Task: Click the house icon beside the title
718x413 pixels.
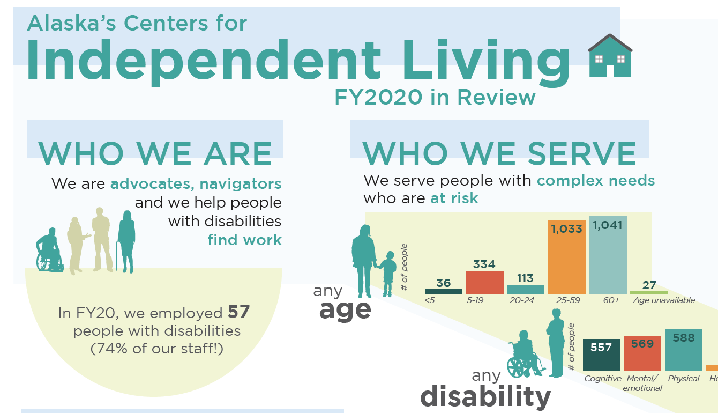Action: pyautogui.click(x=610, y=56)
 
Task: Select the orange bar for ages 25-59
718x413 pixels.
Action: pyautogui.click(x=567, y=257)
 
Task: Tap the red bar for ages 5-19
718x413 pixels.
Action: pyautogui.click(x=484, y=282)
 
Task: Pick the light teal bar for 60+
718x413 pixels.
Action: pyautogui.click(x=608, y=255)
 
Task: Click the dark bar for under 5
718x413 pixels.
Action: pyautogui.click(x=444, y=291)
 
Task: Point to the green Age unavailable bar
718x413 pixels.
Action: pyautogui.click(x=649, y=292)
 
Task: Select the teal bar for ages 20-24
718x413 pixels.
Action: pyautogui.click(x=526, y=290)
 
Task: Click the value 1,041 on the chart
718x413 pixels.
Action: pyautogui.click(x=608, y=225)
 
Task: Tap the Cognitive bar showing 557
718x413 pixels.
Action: pyautogui.click(x=602, y=355)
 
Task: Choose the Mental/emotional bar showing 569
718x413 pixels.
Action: pyautogui.click(x=642, y=353)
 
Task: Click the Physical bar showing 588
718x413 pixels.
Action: pyautogui.click(x=684, y=350)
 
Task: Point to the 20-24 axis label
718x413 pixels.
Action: pyautogui.click(x=522, y=300)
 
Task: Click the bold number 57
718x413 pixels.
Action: pyautogui.click(x=239, y=312)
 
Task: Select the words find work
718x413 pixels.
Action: pyautogui.click(x=244, y=240)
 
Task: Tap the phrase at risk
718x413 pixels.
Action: pyautogui.click(x=454, y=198)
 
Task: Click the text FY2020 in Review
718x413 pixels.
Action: pyautogui.click(x=435, y=97)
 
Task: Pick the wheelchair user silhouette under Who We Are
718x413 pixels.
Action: pyautogui.click(x=49, y=250)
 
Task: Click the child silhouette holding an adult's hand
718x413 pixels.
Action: pyautogui.click(x=387, y=274)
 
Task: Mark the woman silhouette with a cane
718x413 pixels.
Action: pyautogui.click(x=126, y=242)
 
